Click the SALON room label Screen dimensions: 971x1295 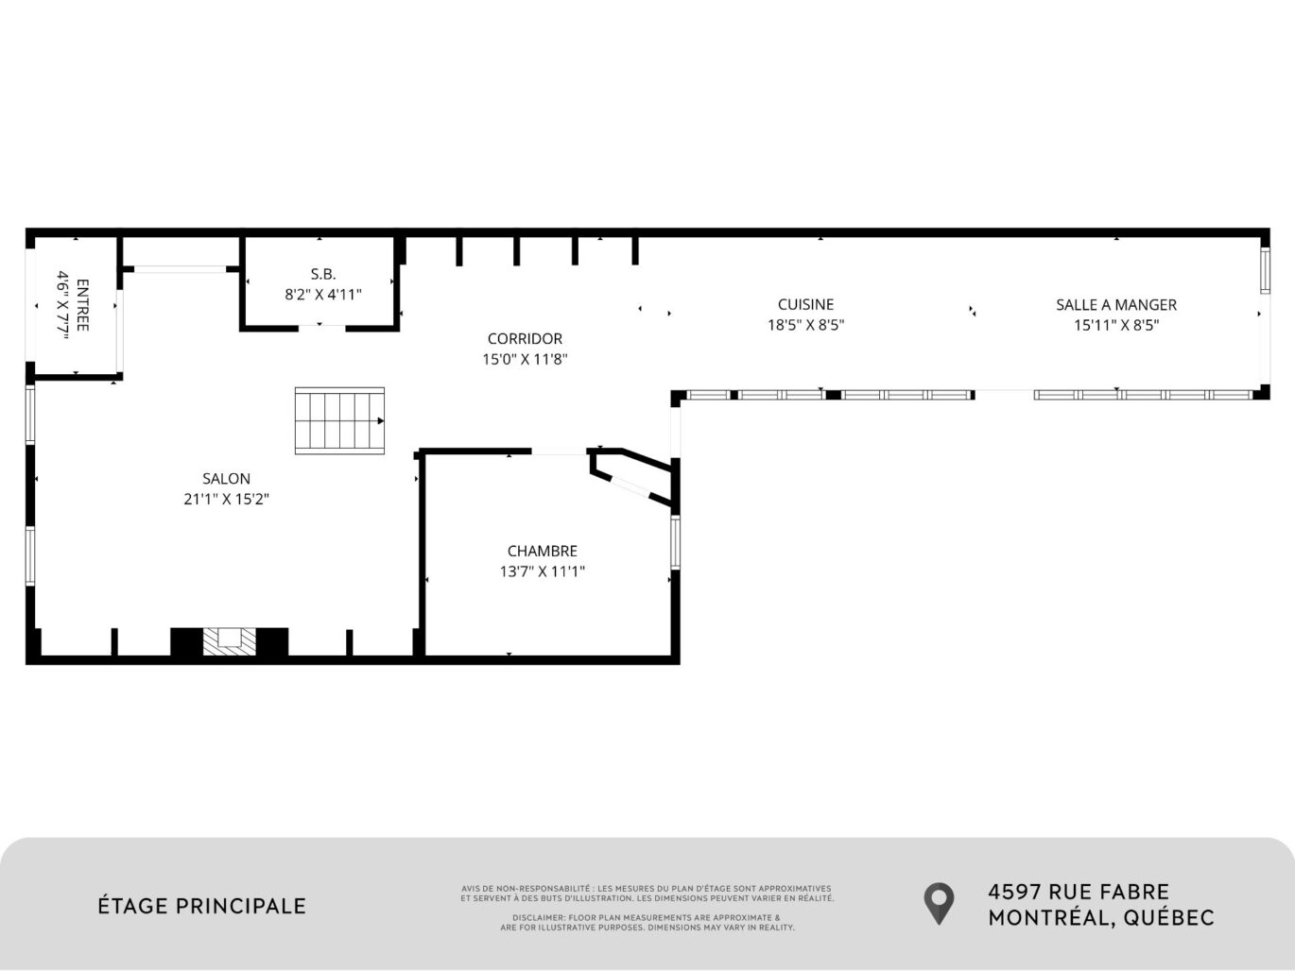click(226, 479)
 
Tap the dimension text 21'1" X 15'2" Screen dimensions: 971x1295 click(226, 500)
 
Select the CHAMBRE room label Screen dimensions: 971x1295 click(542, 551)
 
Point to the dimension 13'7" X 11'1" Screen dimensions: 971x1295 click(542, 571)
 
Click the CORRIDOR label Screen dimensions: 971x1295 click(525, 338)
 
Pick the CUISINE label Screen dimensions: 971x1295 click(805, 304)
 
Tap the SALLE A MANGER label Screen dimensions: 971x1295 click(1115, 304)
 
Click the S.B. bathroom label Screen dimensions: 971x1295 click(322, 274)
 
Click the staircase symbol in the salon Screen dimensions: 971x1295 click(339, 420)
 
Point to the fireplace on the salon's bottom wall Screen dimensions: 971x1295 click(229, 640)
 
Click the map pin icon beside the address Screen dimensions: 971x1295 click(938, 903)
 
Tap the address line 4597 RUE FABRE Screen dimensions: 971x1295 click(1078, 892)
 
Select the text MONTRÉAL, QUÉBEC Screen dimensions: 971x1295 click(1100, 917)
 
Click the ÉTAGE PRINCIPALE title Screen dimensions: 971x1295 click(202, 906)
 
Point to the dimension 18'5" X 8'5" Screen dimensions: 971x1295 click(805, 325)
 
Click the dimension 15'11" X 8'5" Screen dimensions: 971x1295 click(1115, 325)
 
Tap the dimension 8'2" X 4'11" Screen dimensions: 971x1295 click(322, 295)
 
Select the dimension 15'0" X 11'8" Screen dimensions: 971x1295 click(525, 359)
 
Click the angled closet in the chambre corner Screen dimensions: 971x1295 click(632, 474)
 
